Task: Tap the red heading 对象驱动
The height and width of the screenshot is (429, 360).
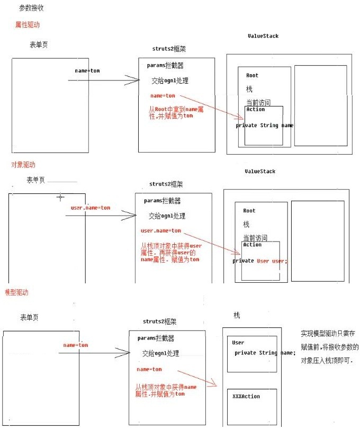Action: (x=23, y=165)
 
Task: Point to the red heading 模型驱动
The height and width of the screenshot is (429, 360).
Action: (x=16, y=292)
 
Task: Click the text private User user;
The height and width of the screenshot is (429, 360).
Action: (x=260, y=261)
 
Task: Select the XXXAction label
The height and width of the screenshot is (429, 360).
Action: (x=246, y=396)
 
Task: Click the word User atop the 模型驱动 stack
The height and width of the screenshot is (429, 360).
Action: (x=238, y=343)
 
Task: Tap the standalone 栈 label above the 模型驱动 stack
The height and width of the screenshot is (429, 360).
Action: (x=237, y=315)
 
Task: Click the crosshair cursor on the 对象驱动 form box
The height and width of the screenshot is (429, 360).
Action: (x=60, y=196)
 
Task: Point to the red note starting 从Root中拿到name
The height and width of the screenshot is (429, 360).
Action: (x=172, y=112)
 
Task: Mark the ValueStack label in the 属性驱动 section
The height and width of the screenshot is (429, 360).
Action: (x=263, y=36)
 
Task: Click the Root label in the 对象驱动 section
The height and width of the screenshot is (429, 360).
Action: (x=249, y=211)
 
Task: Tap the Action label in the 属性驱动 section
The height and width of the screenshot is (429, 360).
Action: (x=255, y=110)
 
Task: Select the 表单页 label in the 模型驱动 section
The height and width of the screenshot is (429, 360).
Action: (x=29, y=317)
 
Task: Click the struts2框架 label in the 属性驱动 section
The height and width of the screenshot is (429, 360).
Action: (x=169, y=49)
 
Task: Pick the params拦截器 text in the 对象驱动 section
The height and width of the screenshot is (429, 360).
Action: (x=162, y=201)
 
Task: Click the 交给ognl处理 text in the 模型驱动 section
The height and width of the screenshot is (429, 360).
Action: (x=160, y=353)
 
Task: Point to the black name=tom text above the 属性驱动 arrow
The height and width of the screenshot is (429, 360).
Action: (x=87, y=70)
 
